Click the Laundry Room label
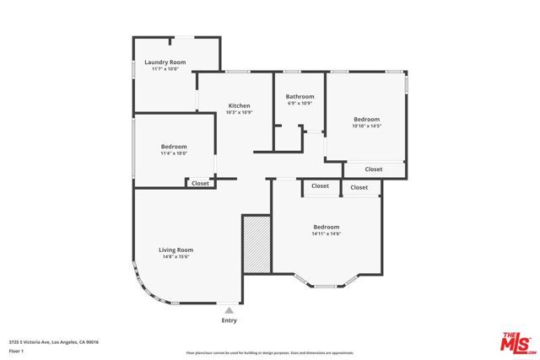click(165, 62)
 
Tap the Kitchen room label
click(240, 105)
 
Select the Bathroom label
click(300, 96)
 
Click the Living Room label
click(176, 250)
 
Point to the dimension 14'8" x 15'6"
click(176, 257)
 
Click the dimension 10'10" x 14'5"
click(366, 126)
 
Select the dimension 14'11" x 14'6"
click(326, 234)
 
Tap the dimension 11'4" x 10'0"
click(173, 153)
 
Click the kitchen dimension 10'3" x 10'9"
click(240, 112)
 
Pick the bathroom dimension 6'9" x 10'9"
click(300, 104)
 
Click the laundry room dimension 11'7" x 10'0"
click(165, 69)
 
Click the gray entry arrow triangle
click(229, 310)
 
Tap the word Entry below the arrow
click(229, 320)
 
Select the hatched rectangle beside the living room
click(256, 244)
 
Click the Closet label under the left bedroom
click(200, 183)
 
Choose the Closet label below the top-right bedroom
click(374, 169)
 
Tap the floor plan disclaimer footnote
click(270, 352)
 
